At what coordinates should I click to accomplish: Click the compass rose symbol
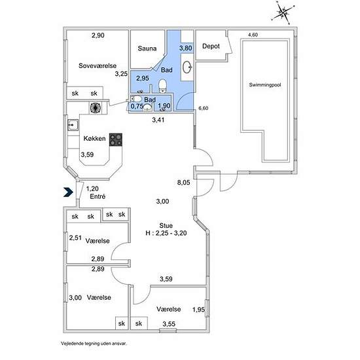(x=283, y=12)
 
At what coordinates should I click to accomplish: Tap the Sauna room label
(x=147, y=48)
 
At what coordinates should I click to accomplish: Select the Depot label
(x=211, y=46)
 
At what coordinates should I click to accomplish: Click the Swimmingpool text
(x=265, y=84)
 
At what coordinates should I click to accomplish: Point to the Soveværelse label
(x=98, y=65)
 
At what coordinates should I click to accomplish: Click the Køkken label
(x=95, y=138)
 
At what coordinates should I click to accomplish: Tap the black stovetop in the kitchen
(x=115, y=139)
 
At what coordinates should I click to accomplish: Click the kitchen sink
(x=73, y=125)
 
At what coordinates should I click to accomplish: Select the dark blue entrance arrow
(x=68, y=192)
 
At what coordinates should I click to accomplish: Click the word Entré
(x=98, y=196)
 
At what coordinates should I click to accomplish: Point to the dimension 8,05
(x=184, y=183)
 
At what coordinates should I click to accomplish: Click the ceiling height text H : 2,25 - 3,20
(x=166, y=233)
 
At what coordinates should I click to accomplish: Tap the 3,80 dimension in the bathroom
(x=186, y=48)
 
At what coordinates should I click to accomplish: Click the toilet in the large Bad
(x=162, y=86)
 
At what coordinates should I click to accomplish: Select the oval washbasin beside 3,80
(x=187, y=67)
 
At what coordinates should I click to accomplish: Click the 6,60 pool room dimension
(x=203, y=108)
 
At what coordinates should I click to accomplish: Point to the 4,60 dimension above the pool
(x=253, y=35)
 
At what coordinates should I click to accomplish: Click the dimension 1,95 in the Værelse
(x=198, y=310)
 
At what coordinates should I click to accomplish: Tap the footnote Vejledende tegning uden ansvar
(x=94, y=344)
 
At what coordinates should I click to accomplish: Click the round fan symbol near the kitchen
(x=96, y=107)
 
